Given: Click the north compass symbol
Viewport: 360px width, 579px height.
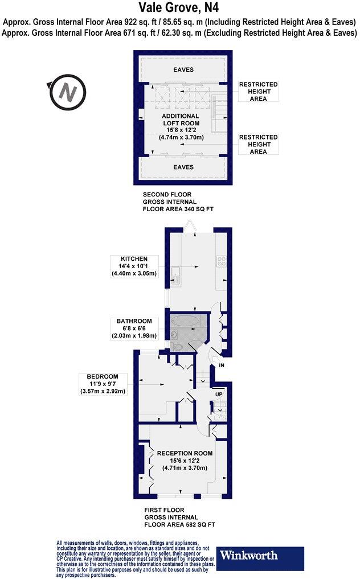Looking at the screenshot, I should (67, 93).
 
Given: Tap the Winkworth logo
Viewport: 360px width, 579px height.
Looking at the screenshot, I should (249, 555).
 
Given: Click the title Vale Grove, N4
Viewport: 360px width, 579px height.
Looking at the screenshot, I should (179, 8).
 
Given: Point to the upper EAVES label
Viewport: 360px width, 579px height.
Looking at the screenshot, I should (183, 70).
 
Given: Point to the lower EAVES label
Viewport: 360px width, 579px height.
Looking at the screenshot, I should (183, 167).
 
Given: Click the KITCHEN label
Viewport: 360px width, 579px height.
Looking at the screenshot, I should (134, 258).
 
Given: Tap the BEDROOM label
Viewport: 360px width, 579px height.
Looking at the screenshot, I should (103, 376).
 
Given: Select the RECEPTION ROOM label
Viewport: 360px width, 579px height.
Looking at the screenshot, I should (185, 453).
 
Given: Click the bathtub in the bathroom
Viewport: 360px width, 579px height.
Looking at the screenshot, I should (186, 322).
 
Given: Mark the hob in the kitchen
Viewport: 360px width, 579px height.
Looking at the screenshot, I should (220, 262).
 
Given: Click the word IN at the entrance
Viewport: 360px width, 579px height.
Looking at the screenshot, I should (222, 365).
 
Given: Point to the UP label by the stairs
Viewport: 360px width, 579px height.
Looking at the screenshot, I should (218, 394).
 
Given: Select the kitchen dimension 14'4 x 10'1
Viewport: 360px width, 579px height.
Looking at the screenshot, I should (134, 266).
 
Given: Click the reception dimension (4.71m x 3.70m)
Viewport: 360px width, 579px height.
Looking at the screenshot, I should (185, 468).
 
